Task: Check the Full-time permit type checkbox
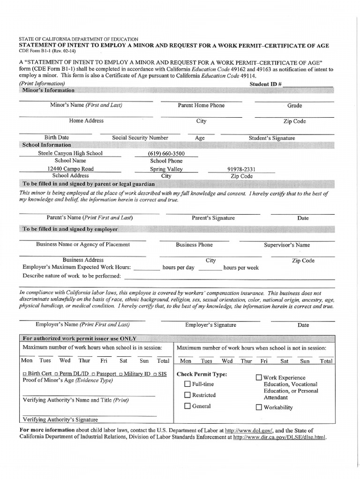pyautogui.click(x=187, y=384)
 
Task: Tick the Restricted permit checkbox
pyautogui.click(x=187, y=395)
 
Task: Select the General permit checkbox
pyautogui.click(x=187, y=406)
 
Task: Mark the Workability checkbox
pyautogui.click(x=259, y=407)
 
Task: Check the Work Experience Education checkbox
pyautogui.click(x=259, y=377)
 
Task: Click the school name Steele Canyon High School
pyautogui.click(x=70, y=153)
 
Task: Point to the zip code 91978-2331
pyautogui.click(x=241, y=169)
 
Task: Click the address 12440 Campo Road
pyautogui.click(x=70, y=169)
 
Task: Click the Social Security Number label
pyautogui.click(x=140, y=138)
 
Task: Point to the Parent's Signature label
pyautogui.click(x=213, y=218)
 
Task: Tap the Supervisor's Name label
pyautogui.click(x=287, y=245)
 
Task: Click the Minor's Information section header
pyautogui.click(x=48, y=90)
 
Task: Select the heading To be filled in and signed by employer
pyautogui.click(x=70, y=229)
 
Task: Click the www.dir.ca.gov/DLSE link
pyautogui.click(x=279, y=437)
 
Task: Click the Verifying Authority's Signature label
pyautogui.click(x=60, y=420)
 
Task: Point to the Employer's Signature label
pyautogui.click(x=210, y=325)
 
